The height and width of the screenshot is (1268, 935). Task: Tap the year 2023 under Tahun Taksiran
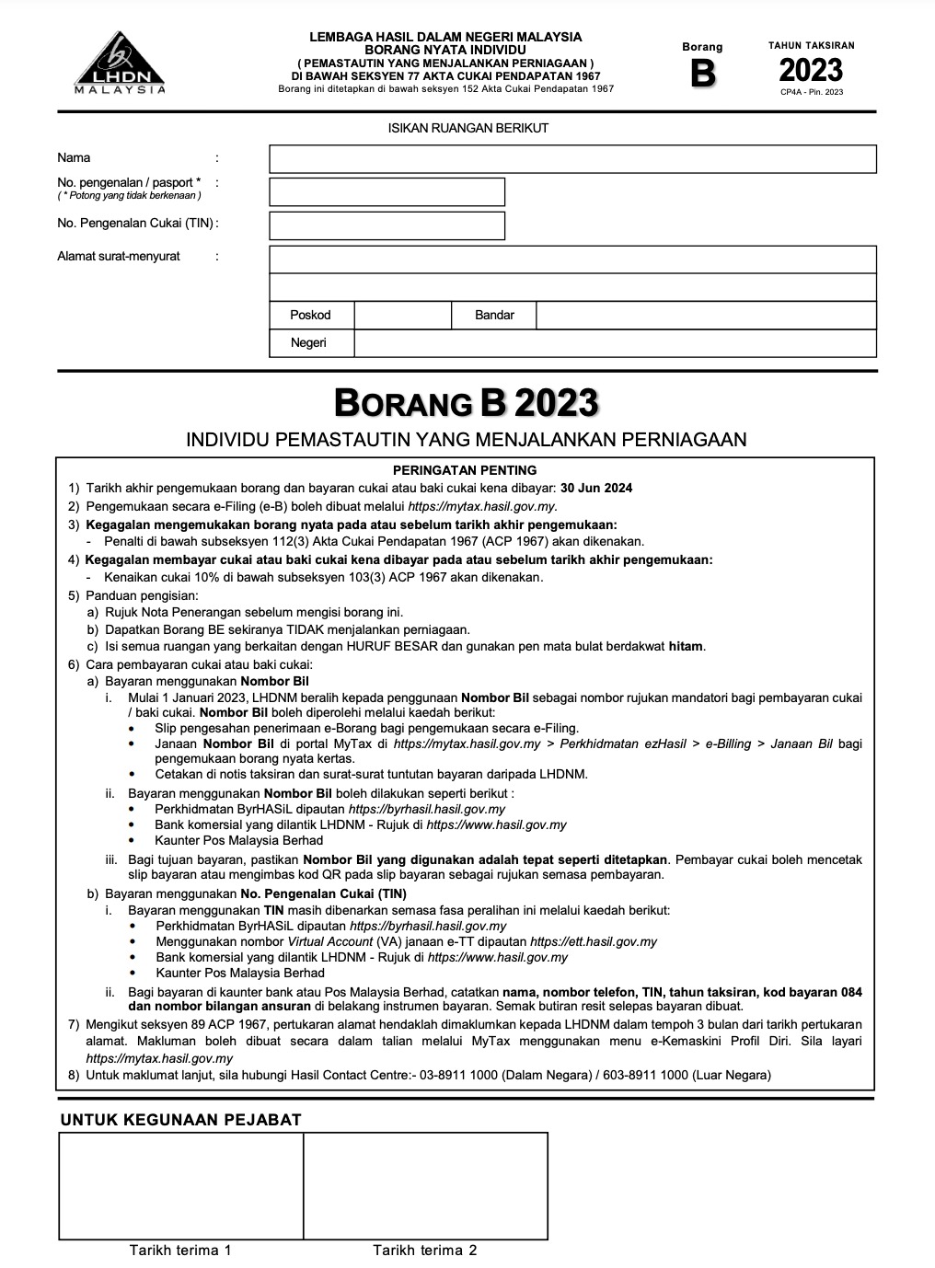click(x=811, y=70)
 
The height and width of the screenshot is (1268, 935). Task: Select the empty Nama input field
click(x=572, y=159)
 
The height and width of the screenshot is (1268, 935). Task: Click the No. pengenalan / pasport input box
click(x=387, y=191)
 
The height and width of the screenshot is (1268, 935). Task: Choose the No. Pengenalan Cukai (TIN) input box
click(x=387, y=225)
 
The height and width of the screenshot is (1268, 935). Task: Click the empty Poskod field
click(x=402, y=316)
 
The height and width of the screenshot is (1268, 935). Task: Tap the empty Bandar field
click(x=706, y=316)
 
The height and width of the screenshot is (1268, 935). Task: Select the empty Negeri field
click(x=615, y=343)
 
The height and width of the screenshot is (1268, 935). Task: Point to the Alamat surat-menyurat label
click(x=119, y=257)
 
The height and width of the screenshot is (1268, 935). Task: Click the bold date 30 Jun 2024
click(x=596, y=489)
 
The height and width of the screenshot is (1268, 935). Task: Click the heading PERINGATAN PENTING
click(x=465, y=470)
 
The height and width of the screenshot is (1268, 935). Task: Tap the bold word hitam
click(x=686, y=646)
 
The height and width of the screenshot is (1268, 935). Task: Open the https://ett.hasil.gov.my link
click(x=594, y=941)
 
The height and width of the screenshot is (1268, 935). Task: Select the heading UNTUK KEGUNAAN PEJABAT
click(x=180, y=1120)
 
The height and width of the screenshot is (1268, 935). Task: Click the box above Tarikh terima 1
click(x=181, y=1185)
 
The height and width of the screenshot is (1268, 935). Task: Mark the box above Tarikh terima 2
click(x=425, y=1185)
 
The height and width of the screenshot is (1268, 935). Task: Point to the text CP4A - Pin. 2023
click(x=811, y=92)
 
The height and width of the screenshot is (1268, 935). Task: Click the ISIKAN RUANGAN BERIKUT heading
click(x=467, y=128)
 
